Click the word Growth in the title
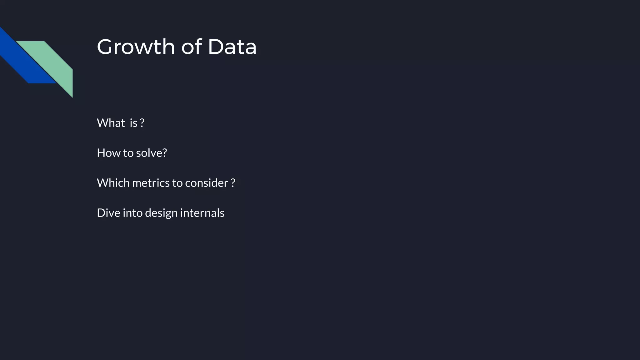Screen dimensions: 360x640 (x=136, y=47)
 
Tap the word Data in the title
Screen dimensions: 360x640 (x=232, y=47)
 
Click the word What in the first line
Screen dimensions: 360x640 (x=111, y=123)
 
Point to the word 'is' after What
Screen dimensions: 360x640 (x=133, y=123)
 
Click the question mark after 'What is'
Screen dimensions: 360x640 (x=142, y=123)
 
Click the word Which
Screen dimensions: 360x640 (x=113, y=183)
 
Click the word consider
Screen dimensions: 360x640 (x=207, y=183)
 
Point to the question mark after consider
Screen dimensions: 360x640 (x=233, y=183)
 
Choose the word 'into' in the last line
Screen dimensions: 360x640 (x=132, y=213)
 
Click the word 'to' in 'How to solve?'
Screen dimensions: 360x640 (x=128, y=153)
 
